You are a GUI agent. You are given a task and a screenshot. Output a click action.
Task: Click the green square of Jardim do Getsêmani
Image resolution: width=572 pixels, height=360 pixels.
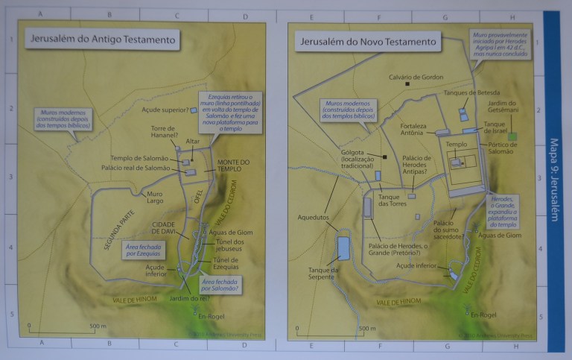(x=512, y=138)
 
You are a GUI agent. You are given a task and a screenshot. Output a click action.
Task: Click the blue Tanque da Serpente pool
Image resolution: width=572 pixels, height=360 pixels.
(x=343, y=247)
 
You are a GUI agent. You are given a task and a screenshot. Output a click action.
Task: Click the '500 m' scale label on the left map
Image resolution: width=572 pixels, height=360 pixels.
(x=98, y=326)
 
